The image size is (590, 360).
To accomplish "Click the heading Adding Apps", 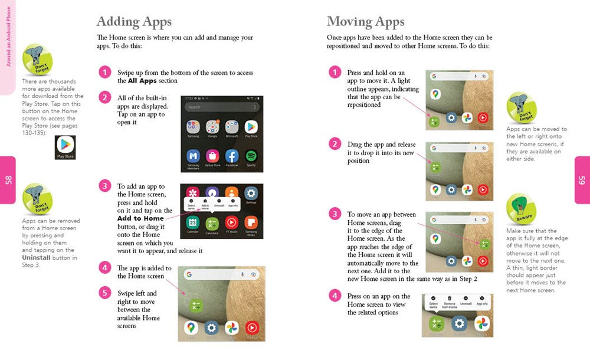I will pyautogui.click(x=134, y=22).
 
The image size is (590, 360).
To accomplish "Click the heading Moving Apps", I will pyautogui.click(x=365, y=22).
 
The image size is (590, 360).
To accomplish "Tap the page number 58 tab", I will pyautogui.click(x=8, y=180).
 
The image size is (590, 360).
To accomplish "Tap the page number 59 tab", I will pyautogui.click(x=582, y=180).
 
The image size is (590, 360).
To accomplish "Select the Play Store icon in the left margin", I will pyautogui.click(x=65, y=147).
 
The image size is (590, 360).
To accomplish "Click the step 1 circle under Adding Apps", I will pyautogui.click(x=104, y=73).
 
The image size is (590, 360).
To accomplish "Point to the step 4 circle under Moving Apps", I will pyautogui.click(x=335, y=296).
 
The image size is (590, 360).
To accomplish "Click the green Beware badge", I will pyautogui.click(x=520, y=209).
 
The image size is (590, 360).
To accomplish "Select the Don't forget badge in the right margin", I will pyautogui.click(x=521, y=107).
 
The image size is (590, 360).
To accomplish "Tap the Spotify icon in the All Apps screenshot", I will pyautogui.click(x=251, y=156).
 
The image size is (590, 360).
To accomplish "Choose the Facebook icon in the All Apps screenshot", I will pyautogui.click(x=231, y=156).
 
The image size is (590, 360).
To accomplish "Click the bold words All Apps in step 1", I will pyautogui.click(x=140, y=81).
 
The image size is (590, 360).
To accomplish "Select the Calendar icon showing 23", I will pyautogui.click(x=193, y=222).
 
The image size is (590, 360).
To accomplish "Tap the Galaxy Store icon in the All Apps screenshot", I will pyautogui.click(x=212, y=156).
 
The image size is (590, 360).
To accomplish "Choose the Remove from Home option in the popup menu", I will pyautogui.click(x=450, y=302).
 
